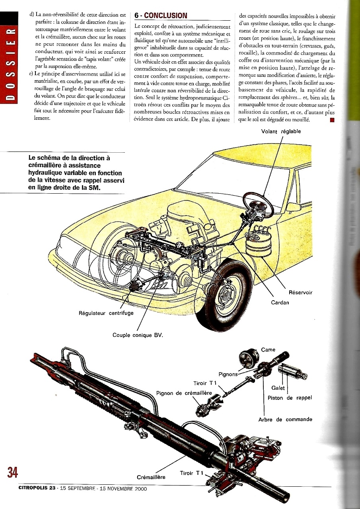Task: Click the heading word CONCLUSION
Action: point(165,16)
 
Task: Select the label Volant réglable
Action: point(281,132)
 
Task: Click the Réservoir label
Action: point(300,292)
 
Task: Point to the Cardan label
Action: point(280,303)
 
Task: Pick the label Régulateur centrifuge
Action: point(106,313)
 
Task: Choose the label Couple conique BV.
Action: point(138,335)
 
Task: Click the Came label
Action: point(268,350)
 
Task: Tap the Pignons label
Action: point(228,374)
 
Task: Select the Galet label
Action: point(278,388)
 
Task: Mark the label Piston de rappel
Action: point(290,398)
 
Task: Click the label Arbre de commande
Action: point(285,420)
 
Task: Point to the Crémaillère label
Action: point(151,477)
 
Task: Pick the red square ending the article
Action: point(332,120)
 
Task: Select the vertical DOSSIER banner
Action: point(9,57)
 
